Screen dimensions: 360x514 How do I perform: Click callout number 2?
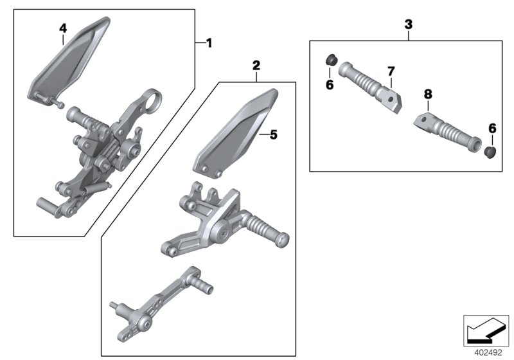pos(256,65)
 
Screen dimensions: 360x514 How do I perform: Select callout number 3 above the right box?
pos(409,24)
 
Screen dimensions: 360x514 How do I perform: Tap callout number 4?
pos(62,28)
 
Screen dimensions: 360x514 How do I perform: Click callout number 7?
pos(389,70)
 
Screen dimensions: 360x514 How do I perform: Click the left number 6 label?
pos(330,85)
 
